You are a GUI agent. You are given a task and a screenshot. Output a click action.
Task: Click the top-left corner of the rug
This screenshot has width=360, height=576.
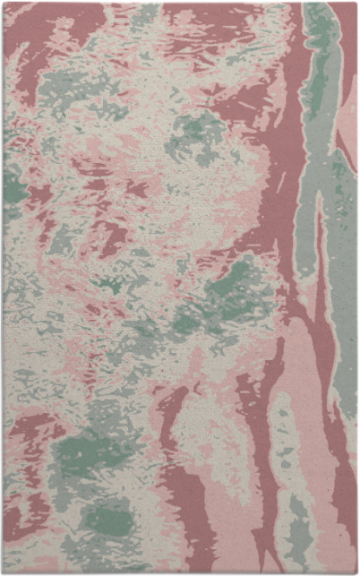click(x=3, y=3)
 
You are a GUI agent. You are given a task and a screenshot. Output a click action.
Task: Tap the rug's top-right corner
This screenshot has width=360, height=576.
click(x=356, y=3)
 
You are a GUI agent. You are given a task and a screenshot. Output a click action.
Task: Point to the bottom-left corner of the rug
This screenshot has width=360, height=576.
click(x=3, y=572)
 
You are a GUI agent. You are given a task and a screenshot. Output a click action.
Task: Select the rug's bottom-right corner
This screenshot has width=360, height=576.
click(x=356, y=572)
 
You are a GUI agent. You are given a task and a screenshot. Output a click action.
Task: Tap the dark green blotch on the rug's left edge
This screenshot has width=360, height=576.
click(x=13, y=185)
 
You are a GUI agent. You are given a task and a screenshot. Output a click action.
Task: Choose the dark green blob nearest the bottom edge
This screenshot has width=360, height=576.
click(x=107, y=520)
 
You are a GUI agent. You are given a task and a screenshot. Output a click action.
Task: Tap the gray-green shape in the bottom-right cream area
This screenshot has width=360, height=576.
click(x=296, y=529)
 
